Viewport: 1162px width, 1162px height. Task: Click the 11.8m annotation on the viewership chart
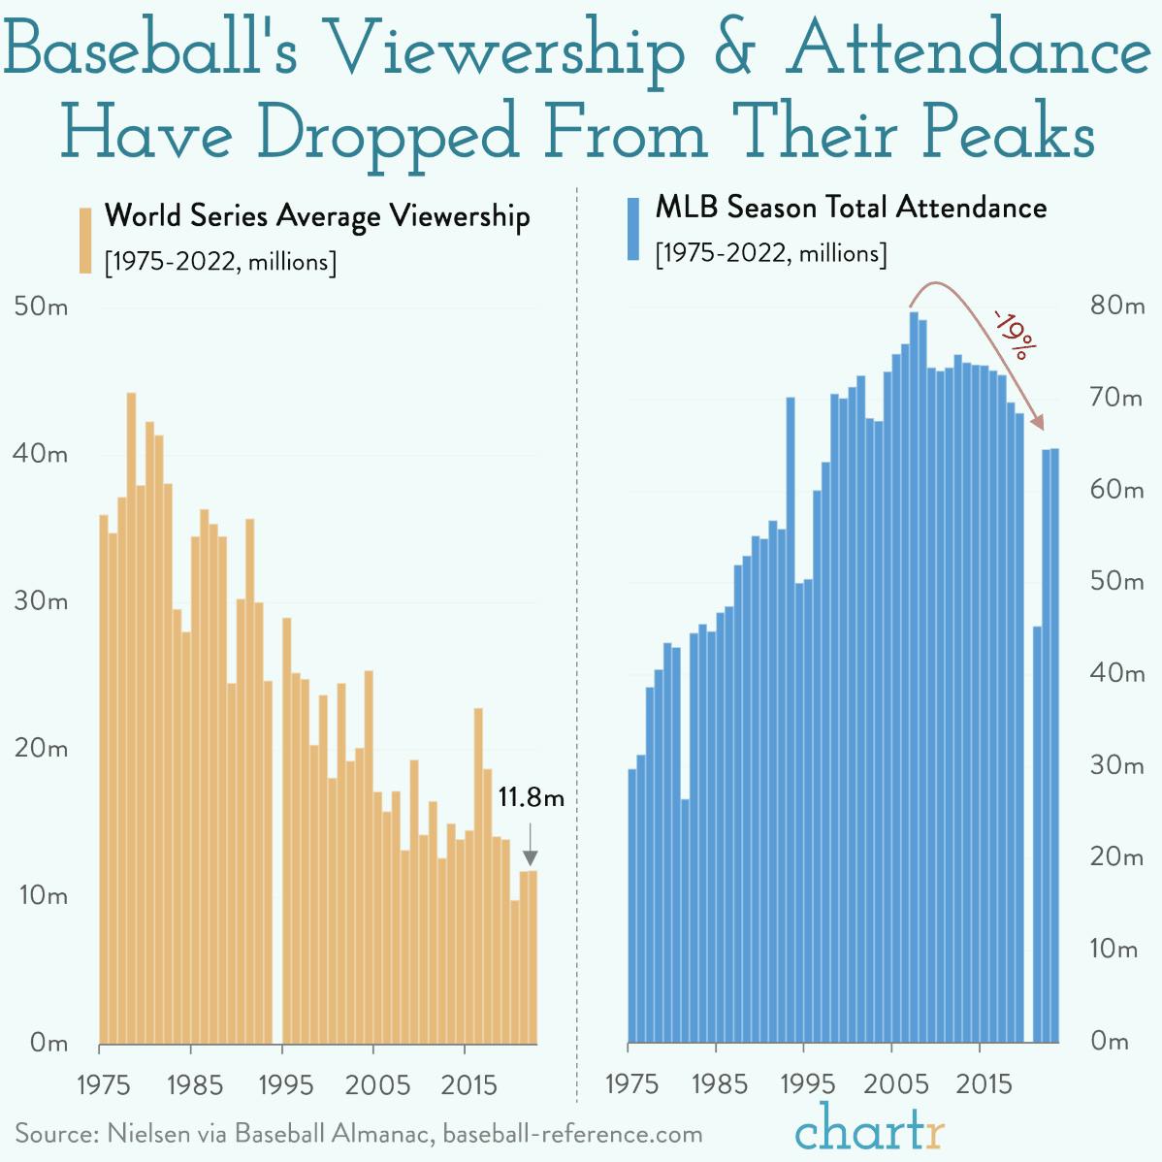pos(531,798)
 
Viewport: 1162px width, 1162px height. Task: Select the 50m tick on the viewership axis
pos(41,307)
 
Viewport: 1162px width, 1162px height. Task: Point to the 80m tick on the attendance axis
pos(1116,306)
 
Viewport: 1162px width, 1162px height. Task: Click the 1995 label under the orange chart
pos(285,1083)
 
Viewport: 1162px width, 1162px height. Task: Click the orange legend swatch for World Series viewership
pos(85,240)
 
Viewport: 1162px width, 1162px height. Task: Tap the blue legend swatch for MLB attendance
pos(633,230)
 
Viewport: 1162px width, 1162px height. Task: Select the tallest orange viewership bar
pos(132,718)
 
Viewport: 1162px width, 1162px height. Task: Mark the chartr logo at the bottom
pos(869,1128)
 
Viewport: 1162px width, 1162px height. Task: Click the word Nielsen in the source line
pos(149,1133)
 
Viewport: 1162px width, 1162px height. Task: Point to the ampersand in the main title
pos(736,50)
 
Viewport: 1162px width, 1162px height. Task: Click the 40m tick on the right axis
pos(1116,672)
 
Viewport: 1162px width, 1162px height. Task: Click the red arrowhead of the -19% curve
pos(1038,423)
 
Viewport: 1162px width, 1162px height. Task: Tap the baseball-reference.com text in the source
pos(572,1133)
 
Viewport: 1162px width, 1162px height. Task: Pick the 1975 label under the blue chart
pos(631,1083)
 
